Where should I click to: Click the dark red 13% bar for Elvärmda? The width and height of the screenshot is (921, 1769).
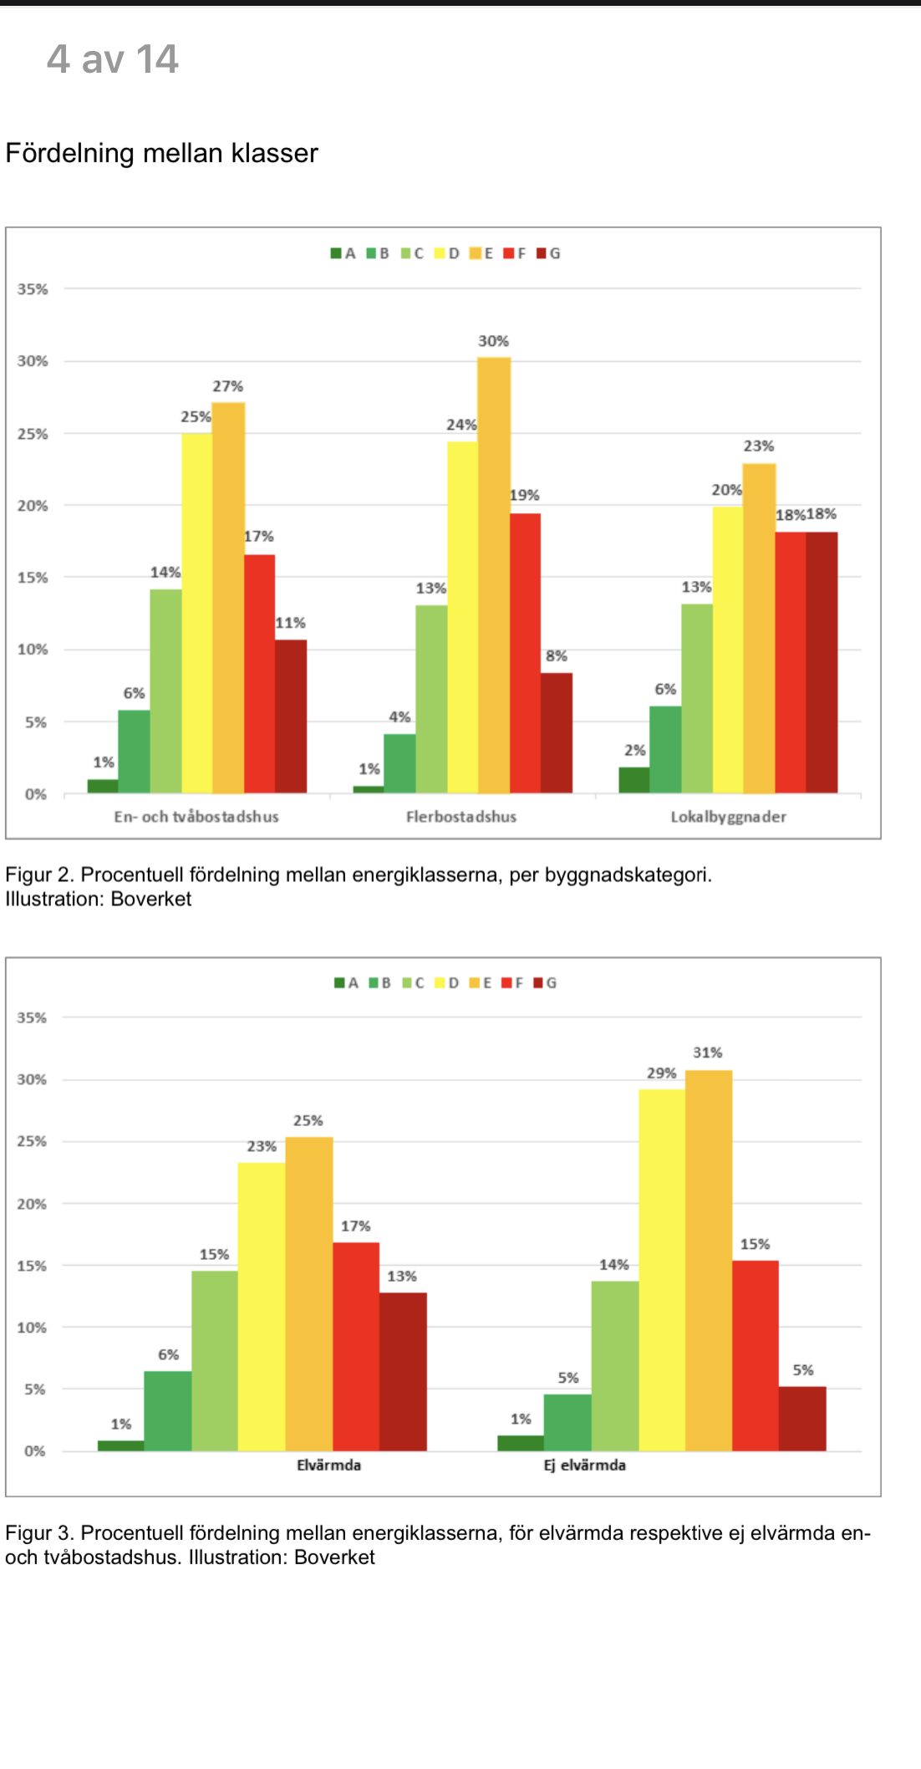click(x=403, y=1371)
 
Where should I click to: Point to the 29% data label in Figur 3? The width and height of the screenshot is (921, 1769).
click(x=661, y=1073)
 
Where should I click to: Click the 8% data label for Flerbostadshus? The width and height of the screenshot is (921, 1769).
click(x=557, y=656)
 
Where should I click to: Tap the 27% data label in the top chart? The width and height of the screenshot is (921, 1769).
click(x=227, y=386)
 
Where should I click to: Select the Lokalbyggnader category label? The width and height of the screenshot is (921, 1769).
click(x=728, y=817)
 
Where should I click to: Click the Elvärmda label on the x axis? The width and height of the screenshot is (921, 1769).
click(x=328, y=1465)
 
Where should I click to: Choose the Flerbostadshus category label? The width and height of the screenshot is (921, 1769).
click(x=461, y=817)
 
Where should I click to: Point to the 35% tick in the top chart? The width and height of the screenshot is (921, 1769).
click(x=33, y=289)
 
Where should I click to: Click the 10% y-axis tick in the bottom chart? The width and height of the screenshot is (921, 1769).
click(x=32, y=1328)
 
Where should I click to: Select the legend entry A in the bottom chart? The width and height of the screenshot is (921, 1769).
click(x=346, y=983)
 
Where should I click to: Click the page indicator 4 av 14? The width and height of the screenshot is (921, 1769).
click(x=112, y=59)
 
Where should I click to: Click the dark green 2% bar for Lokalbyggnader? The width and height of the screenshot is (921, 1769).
click(x=634, y=780)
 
